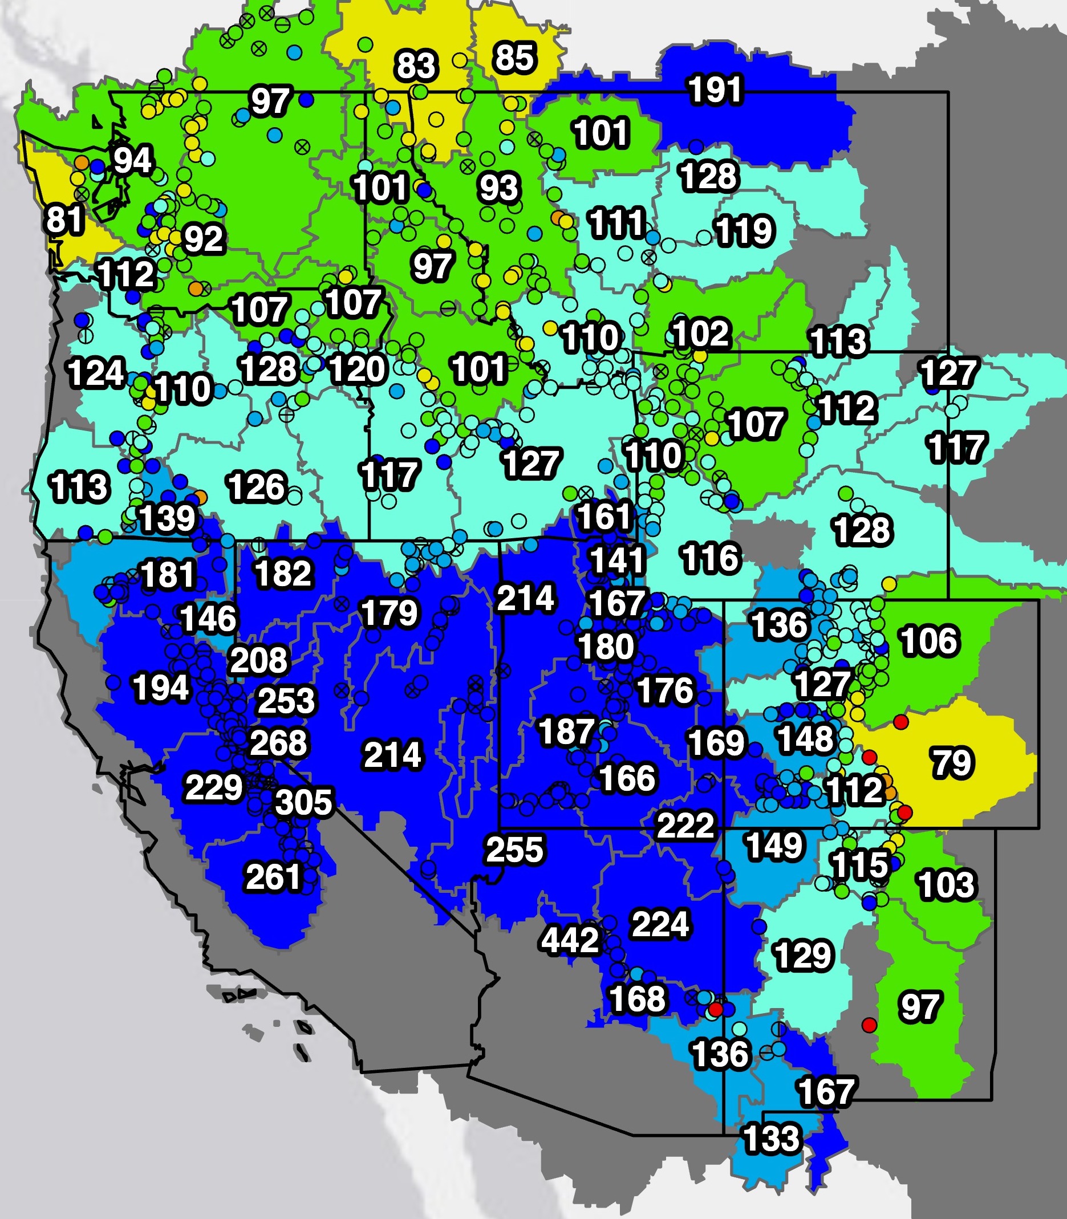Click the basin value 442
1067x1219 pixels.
pos(569,940)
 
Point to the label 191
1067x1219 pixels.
pos(715,90)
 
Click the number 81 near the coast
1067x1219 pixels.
pos(64,219)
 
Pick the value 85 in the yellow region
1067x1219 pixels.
pos(514,58)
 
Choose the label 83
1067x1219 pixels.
pos(416,66)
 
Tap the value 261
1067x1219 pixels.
pos(273,877)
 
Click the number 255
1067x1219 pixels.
pos(514,850)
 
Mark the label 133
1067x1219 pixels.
pos(771,1139)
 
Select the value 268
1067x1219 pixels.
pos(278,742)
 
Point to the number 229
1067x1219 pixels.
pos(214,787)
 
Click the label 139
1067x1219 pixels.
pos(167,518)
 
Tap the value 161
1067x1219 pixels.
pos(604,516)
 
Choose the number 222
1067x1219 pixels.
pos(685,825)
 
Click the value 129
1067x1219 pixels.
pos(802,956)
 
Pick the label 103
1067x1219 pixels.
pos(946,884)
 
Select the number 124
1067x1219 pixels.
pos(96,373)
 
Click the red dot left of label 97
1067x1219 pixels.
pos(869,1025)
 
